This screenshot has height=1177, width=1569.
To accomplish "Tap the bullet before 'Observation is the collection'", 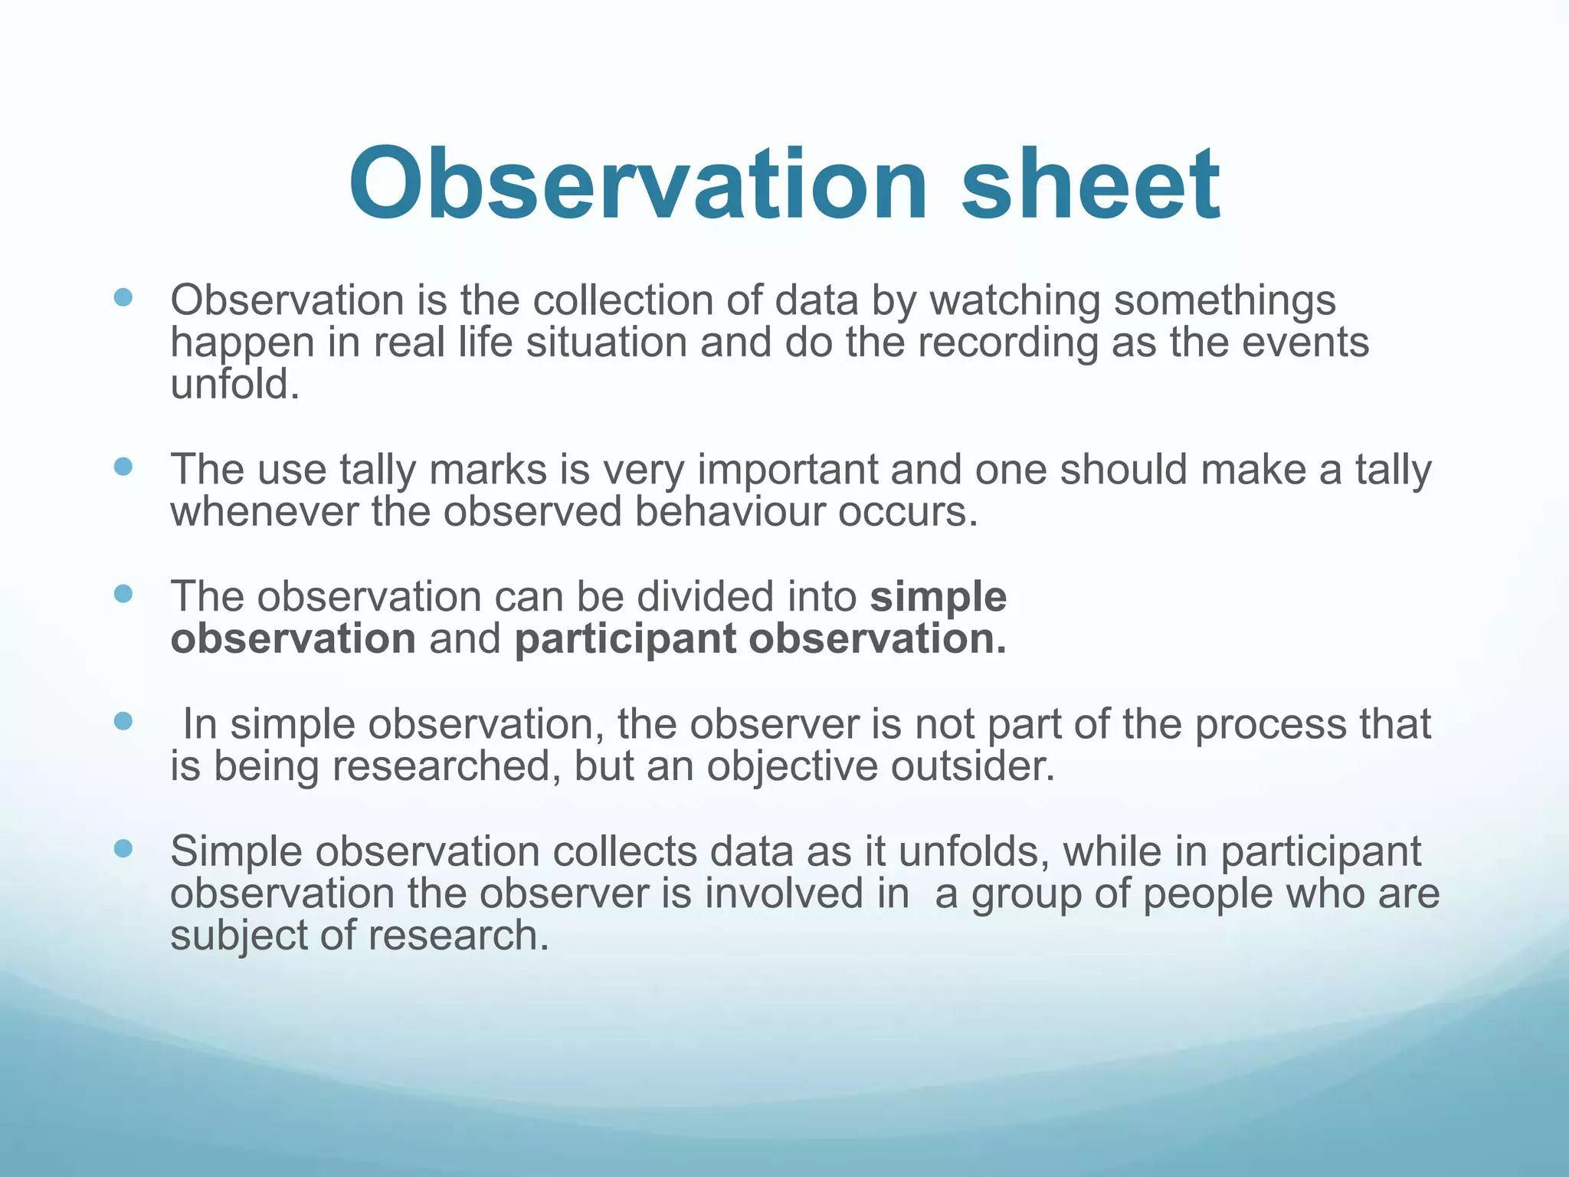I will tap(123, 297).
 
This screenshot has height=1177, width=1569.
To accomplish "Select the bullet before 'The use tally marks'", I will tap(123, 467).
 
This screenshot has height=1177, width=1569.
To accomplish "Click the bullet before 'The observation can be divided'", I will tap(123, 594).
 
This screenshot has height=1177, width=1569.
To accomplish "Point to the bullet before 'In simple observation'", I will tap(123, 721).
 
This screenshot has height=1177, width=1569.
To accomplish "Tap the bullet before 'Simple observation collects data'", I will tap(123, 848).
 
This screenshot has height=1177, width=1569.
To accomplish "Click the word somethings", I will tap(1224, 300).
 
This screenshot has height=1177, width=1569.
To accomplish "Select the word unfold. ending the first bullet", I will tap(234, 385).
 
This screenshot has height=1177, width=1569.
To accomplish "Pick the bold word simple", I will tap(938, 597).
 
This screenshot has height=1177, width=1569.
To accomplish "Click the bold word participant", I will tap(625, 639).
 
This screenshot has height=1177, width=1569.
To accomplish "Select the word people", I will tap(1207, 893).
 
